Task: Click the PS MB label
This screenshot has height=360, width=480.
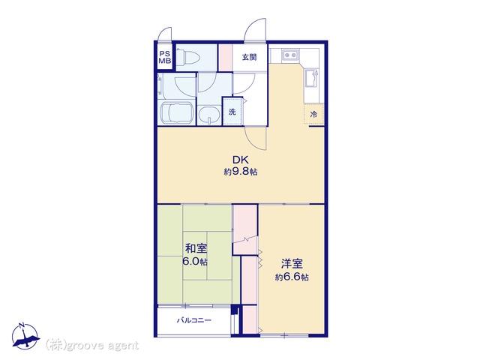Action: pyautogui.click(x=165, y=57)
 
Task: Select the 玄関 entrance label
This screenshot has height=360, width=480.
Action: pyautogui.click(x=250, y=57)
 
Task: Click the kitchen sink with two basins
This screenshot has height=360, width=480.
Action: pyautogui.click(x=289, y=55)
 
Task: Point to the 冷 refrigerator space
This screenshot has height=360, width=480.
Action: pyautogui.click(x=313, y=114)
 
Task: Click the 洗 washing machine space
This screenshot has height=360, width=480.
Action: pyautogui.click(x=232, y=112)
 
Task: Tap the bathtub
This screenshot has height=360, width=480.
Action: pyautogui.click(x=177, y=112)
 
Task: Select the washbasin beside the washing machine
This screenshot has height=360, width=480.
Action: pyautogui.click(x=209, y=115)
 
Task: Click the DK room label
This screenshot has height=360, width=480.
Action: pyautogui.click(x=241, y=160)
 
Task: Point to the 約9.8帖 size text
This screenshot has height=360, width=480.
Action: pyautogui.click(x=241, y=172)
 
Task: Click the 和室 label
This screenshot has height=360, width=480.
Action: pyautogui.click(x=196, y=248)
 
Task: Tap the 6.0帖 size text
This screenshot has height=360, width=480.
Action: pyautogui.click(x=195, y=262)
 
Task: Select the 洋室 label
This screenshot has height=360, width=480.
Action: pyautogui.click(x=292, y=263)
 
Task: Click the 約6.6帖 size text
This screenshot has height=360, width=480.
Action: pyautogui.click(x=292, y=277)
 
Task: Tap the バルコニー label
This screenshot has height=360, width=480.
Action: pyautogui.click(x=194, y=320)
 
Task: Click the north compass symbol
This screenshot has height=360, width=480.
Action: pyautogui.click(x=25, y=336)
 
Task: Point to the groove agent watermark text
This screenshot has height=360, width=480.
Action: pyautogui.click(x=92, y=345)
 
